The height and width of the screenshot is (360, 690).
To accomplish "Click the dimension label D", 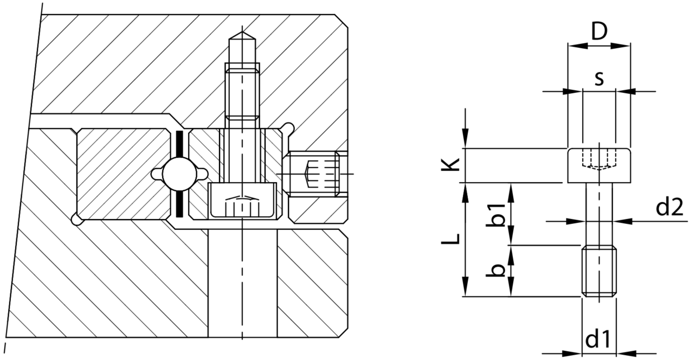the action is pyautogui.click(x=599, y=32).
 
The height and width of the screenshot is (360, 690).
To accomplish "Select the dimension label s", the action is pyautogui.click(x=599, y=79).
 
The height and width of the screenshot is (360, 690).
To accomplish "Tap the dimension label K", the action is pyautogui.click(x=450, y=165).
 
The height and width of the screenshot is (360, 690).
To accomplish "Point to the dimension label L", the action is pyautogui.click(x=450, y=240).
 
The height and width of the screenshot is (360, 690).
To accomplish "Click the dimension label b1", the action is pyautogui.click(x=495, y=215).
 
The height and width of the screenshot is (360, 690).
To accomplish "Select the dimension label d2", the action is pyautogui.click(x=669, y=207).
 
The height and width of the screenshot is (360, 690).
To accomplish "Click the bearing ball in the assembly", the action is pyautogui.click(x=179, y=174).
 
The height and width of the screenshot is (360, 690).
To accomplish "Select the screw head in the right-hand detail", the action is pyautogui.click(x=599, y=165).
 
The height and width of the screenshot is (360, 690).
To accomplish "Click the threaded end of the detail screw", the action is pyautogui.click(x=599, y=271).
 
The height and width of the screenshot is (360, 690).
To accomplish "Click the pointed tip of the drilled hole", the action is pyautogui.click(x=242, y=32).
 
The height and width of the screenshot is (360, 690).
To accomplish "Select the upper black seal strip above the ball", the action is pyautogui.click(x=179, y=145).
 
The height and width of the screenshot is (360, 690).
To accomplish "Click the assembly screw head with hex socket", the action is pyautogui.click(x=242, y=201).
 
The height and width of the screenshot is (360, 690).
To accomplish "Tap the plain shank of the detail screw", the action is pyautogui.click(x=599, y=214).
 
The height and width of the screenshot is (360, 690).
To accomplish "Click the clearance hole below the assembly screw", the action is pyautogui.click(x=242, y=283).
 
